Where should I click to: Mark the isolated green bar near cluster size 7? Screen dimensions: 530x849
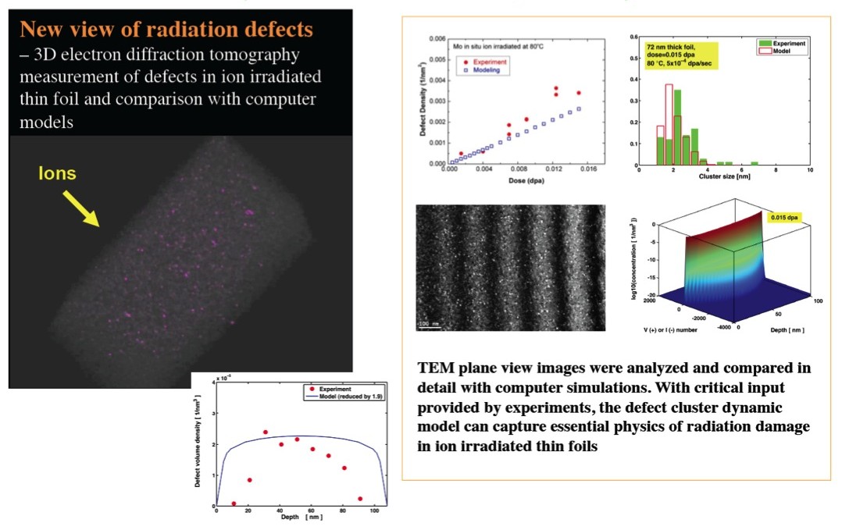[x=754, y=162]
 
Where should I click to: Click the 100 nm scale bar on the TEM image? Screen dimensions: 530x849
[x=428, y=322]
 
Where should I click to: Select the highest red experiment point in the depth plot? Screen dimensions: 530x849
[x=266, y=432]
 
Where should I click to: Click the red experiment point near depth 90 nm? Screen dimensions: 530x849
[x=360, y=499]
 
